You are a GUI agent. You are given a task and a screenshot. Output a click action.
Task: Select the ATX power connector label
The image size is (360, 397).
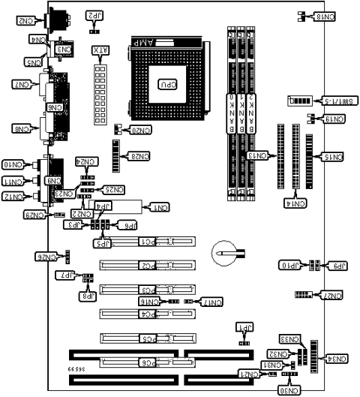coord(98,53)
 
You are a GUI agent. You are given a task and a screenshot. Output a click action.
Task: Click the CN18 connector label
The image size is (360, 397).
coord(327,17)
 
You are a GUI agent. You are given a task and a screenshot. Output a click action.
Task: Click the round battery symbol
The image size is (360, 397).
coord(223,254)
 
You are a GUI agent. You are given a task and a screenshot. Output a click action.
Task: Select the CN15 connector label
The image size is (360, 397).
coord(331,157)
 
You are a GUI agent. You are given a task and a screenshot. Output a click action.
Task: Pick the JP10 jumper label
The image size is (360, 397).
coord(290,266)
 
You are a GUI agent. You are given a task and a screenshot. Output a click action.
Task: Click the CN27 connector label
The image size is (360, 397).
coord(331,296)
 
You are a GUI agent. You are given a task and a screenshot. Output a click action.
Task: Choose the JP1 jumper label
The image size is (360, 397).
coord(244,328)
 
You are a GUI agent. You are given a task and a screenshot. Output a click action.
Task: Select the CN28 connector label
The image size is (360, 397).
coord(139,156)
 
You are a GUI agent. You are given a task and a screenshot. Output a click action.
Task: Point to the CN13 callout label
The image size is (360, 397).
coord(258,155)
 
